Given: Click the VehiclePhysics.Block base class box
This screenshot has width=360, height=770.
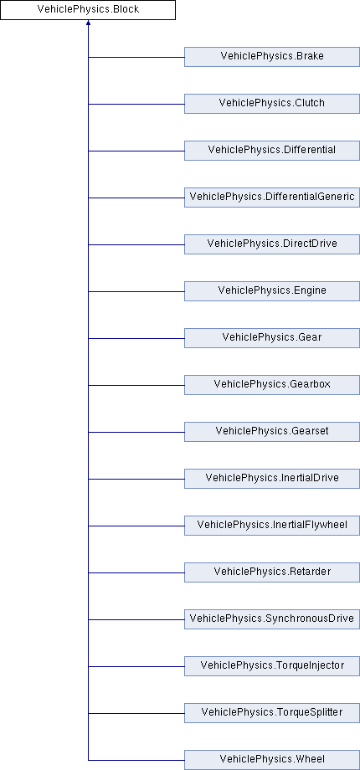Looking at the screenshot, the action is coord(88,10).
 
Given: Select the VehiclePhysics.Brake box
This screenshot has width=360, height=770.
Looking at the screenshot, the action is coord(272,57).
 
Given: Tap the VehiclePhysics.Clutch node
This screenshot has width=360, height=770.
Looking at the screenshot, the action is coord(272,104).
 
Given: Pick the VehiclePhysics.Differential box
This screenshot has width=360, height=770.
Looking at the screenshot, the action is coord(272,151).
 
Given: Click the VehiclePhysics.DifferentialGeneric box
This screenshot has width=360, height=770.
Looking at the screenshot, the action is coord(272,198).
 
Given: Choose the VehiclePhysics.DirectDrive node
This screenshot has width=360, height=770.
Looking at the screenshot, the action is coord(272,244).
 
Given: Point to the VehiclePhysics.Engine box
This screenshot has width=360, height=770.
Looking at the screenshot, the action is coord(272,291).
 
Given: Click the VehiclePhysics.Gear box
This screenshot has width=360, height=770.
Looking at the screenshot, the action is coord(272,338).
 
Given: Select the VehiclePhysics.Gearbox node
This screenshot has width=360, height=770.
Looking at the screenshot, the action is coord(272,385).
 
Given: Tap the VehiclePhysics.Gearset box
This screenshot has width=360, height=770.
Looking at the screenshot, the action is coord(272,432).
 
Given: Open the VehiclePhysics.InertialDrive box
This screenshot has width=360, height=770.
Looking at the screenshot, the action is coord(272,479).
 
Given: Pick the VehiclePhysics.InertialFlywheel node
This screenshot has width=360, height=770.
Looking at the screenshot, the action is coord(272,526).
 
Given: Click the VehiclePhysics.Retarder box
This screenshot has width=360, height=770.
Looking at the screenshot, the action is coord(272,572).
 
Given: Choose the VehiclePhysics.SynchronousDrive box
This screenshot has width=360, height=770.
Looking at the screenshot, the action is coord(272,619).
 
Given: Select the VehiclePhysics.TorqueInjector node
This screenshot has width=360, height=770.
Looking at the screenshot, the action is coord(272,666).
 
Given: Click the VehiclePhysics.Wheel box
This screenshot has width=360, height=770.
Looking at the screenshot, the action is coord(272,760).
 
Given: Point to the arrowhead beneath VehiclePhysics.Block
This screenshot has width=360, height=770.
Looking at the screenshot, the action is coord(89,23).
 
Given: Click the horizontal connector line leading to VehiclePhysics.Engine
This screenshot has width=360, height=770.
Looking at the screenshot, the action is coord(136,292).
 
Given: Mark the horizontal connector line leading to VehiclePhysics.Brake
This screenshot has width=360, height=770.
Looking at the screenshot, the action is coord(136,57).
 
